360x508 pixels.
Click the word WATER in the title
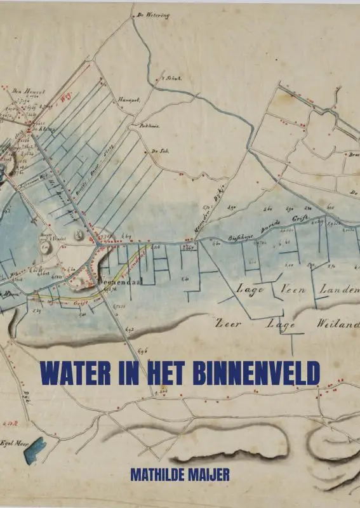(x=70, y=374)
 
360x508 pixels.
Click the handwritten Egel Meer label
(x=15, y=443)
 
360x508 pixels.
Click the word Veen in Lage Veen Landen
(x=293, y=290)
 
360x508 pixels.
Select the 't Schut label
(x=174, y=79)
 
